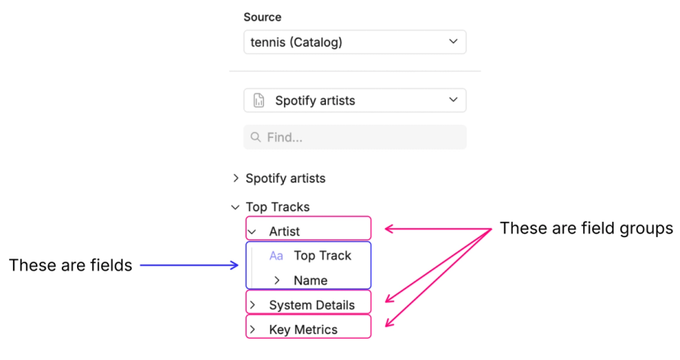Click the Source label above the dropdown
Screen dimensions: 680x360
(x=262, y=17)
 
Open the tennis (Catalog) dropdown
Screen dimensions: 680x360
(x=354, y=42)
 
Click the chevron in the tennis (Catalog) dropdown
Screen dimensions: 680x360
(x=453, y=41)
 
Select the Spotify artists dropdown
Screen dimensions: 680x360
(x=354, y=100)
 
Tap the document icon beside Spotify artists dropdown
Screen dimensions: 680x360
(x=259, y=100)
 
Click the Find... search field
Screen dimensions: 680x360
(x=354, y=137)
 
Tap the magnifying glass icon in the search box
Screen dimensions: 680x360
(x=255, y=137)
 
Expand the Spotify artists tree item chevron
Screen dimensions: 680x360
(x=235, y=178)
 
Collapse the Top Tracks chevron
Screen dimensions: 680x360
(x=235, y=207)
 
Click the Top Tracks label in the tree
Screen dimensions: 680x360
(x=277, y=207)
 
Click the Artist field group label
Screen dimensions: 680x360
(x=284, y=231)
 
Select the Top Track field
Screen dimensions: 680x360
(x=322, y=256)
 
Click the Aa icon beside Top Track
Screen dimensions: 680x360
(x=276, y=256)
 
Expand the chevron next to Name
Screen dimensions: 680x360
(x=276, y=281)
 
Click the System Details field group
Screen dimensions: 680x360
(x=311, y=305)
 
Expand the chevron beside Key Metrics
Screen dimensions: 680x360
(x=252, y=329)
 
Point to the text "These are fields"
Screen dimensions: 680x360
(x=70, y=265)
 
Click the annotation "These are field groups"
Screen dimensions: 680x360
(x=586, y=228)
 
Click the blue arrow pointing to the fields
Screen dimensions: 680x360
(x=192, y=265)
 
